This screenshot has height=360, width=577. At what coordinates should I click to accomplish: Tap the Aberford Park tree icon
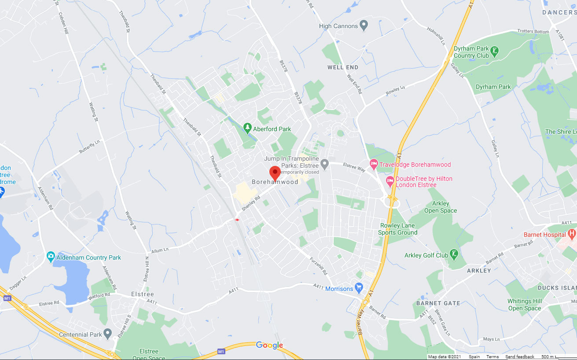247,129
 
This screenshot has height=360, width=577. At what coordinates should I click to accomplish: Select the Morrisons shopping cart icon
359,288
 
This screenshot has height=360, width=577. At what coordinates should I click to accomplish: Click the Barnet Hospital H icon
572,234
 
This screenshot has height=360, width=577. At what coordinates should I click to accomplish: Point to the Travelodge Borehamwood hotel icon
374,165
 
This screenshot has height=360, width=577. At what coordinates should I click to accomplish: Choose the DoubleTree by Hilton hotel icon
390,181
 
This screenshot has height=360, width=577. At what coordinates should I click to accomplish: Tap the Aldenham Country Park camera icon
51,257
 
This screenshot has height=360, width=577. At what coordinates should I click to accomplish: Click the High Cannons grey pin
364,26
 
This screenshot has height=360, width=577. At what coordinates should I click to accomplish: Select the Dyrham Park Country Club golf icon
495,51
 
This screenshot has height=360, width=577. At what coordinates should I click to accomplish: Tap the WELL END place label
343,67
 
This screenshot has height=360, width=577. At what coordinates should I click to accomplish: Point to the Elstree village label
143,294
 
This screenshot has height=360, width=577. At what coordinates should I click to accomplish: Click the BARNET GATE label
438,303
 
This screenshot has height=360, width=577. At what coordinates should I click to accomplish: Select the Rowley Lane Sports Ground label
397,229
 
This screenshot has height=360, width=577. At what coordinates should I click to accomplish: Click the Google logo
269,345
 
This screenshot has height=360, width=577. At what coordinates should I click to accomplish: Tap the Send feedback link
519,356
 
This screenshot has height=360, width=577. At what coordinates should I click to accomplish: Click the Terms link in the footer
492,356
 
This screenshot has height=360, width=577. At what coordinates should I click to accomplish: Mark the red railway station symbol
237,219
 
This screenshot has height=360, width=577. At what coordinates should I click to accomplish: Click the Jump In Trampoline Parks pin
325,164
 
